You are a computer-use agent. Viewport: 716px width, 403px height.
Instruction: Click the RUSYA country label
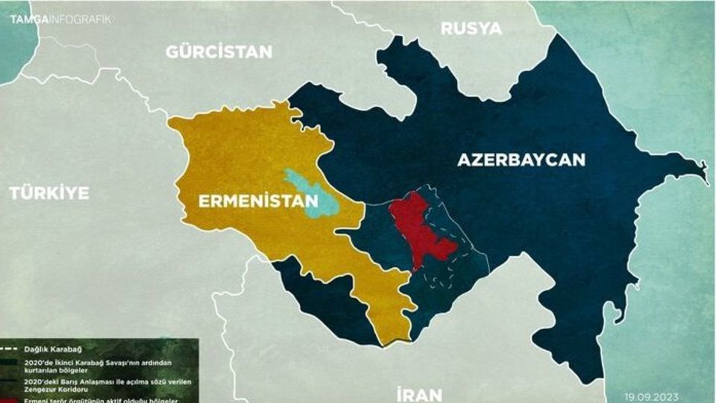point(471,29)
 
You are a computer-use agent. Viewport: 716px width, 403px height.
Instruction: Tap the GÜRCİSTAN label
point(219,52)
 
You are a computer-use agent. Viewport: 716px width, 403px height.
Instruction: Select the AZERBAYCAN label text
point(521,160)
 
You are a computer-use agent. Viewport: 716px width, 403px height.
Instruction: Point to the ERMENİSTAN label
point(257,201)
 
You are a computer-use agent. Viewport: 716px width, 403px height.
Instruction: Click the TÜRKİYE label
point(49,193)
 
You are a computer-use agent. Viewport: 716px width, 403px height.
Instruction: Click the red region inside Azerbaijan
point(418,228)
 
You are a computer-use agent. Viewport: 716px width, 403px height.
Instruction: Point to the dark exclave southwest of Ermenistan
point(321,299)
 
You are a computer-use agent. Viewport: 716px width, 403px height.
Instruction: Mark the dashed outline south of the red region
point(440,276)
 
